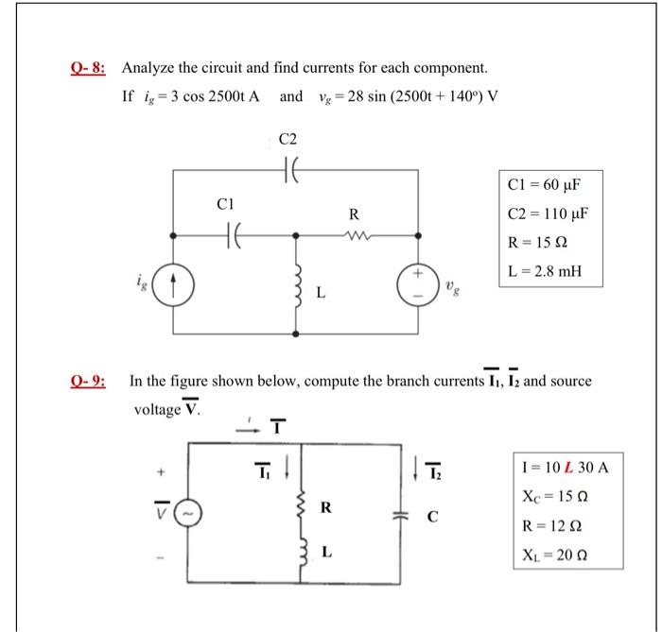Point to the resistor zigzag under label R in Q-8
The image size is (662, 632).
click(x=354, y=233)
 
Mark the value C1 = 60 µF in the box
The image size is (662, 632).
click(x=542, y=182)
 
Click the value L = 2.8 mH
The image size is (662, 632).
click(x=543, y=274)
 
